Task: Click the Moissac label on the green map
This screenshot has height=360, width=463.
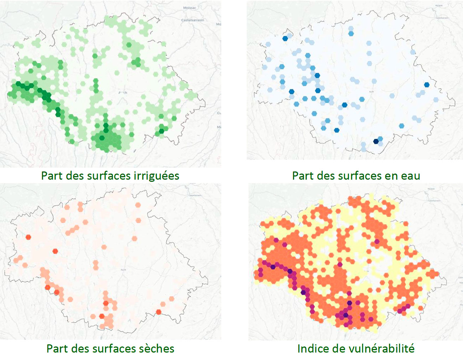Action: [189, 8]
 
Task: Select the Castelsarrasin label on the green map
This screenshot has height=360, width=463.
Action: [192, 20]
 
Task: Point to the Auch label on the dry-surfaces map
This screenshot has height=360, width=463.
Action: [123, 270]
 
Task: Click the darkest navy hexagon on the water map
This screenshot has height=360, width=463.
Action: [376, 141]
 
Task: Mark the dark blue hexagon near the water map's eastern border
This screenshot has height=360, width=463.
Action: [427, 85]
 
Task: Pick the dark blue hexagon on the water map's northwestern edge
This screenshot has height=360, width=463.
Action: [285, 38]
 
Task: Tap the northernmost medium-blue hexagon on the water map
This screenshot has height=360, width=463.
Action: [351, 33]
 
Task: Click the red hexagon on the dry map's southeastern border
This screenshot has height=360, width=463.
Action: [158, 312]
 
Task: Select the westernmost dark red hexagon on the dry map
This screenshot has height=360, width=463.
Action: [28, 237]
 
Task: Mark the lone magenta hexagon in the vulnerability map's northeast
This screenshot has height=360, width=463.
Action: [377, 241]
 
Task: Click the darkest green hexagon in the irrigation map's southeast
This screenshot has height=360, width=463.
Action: [161, 131]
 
